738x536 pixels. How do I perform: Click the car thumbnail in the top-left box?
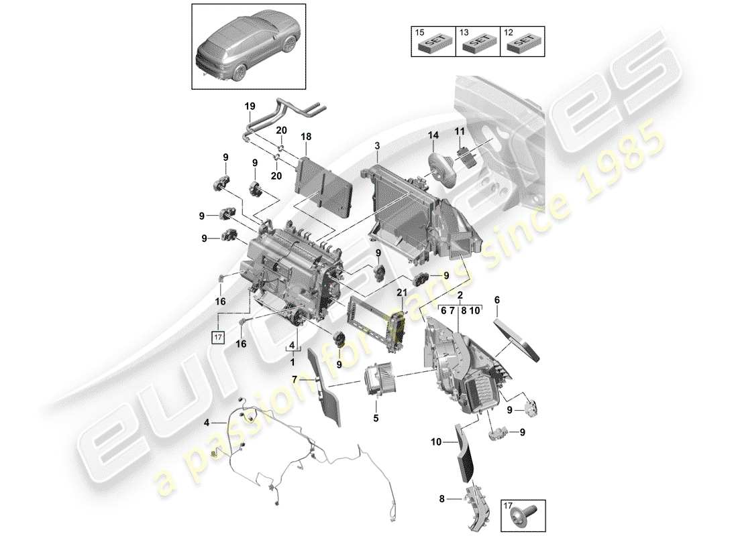point(249,47)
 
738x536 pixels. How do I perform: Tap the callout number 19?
point(250,107)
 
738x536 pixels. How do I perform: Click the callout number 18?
point(306,136)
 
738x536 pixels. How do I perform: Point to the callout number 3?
point(377,145)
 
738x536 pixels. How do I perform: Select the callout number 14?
point(433,135)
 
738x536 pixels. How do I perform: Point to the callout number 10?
point(437,442)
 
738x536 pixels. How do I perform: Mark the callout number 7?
point(294,380)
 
